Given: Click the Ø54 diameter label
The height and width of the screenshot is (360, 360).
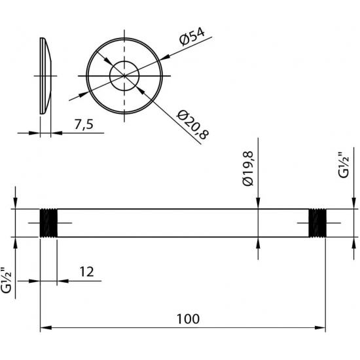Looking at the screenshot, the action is tap(192, 37).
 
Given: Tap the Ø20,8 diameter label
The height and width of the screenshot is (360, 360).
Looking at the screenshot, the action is tap(192, 124).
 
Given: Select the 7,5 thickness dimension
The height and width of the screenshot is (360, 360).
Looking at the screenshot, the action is tap(84, 124).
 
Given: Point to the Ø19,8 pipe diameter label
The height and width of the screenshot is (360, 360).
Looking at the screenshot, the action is tap(247, 168).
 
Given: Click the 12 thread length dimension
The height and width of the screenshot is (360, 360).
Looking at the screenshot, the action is tap(86, 272).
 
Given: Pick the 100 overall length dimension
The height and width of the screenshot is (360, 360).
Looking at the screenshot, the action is tap(188, 319).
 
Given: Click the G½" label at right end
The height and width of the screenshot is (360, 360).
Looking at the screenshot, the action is tap(344, 164).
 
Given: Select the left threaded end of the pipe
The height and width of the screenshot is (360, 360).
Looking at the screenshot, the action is tap(48, 223).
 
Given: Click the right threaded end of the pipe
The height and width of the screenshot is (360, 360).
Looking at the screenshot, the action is tap(317, 223).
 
